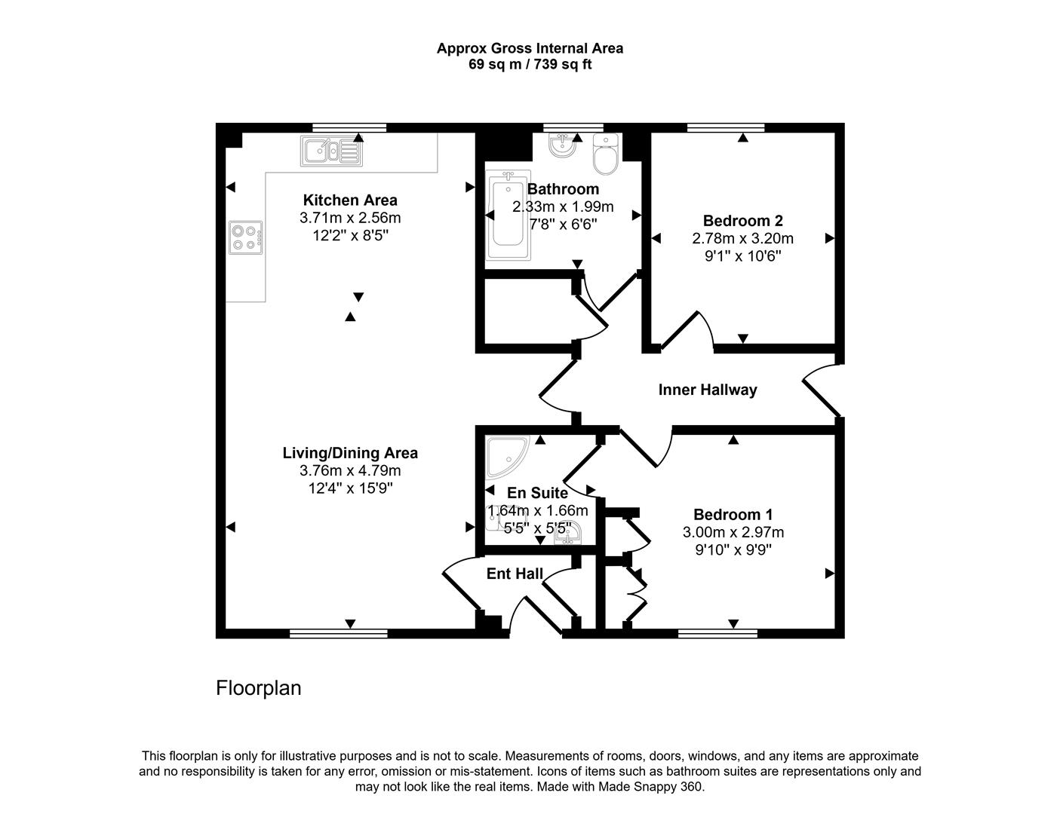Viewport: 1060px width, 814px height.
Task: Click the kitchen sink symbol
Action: pyautogui.click(x=331, y=151)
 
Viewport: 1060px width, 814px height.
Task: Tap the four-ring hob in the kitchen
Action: pyautogui.click(x=247, y=237)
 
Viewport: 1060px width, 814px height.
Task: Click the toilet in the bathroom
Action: pyautogui.click(x=605, y=154)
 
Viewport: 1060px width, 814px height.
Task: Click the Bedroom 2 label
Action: pyautogui.click(x=742, y=221)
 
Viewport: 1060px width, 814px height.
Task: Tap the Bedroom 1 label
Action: pyautogui.click(x=733, y=515)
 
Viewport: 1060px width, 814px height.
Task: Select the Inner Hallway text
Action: pyautogui.click(x=707, y=390)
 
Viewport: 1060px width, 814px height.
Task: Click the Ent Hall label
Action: pyautogui.click(x=515, y=574)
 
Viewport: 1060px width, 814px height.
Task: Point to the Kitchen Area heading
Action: pyautogui.click(x=349, y=200)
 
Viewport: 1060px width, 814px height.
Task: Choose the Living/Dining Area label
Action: pyautogui.click(x=349, y=453)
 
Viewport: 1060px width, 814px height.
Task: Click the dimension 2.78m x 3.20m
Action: pyautogui.click(x=742, y=238)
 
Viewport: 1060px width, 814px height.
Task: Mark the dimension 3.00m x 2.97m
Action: pyautogui.click(x=733, y=532)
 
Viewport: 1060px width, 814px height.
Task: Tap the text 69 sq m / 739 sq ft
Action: pyautogui.click(x=530, y=65)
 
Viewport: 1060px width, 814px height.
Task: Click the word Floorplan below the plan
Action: pyautogui.click(x=258, y=688)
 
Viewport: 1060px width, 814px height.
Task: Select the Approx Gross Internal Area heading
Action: pyautogui.click(x=530, y=48)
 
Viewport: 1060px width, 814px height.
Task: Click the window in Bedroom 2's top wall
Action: pyautogui.click(x=726, y=127)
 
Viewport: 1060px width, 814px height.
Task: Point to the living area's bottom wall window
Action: pyautogui.click(x=338, y=634)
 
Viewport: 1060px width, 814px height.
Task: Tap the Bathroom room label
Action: pyautogui.click(x=563, y=189)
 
